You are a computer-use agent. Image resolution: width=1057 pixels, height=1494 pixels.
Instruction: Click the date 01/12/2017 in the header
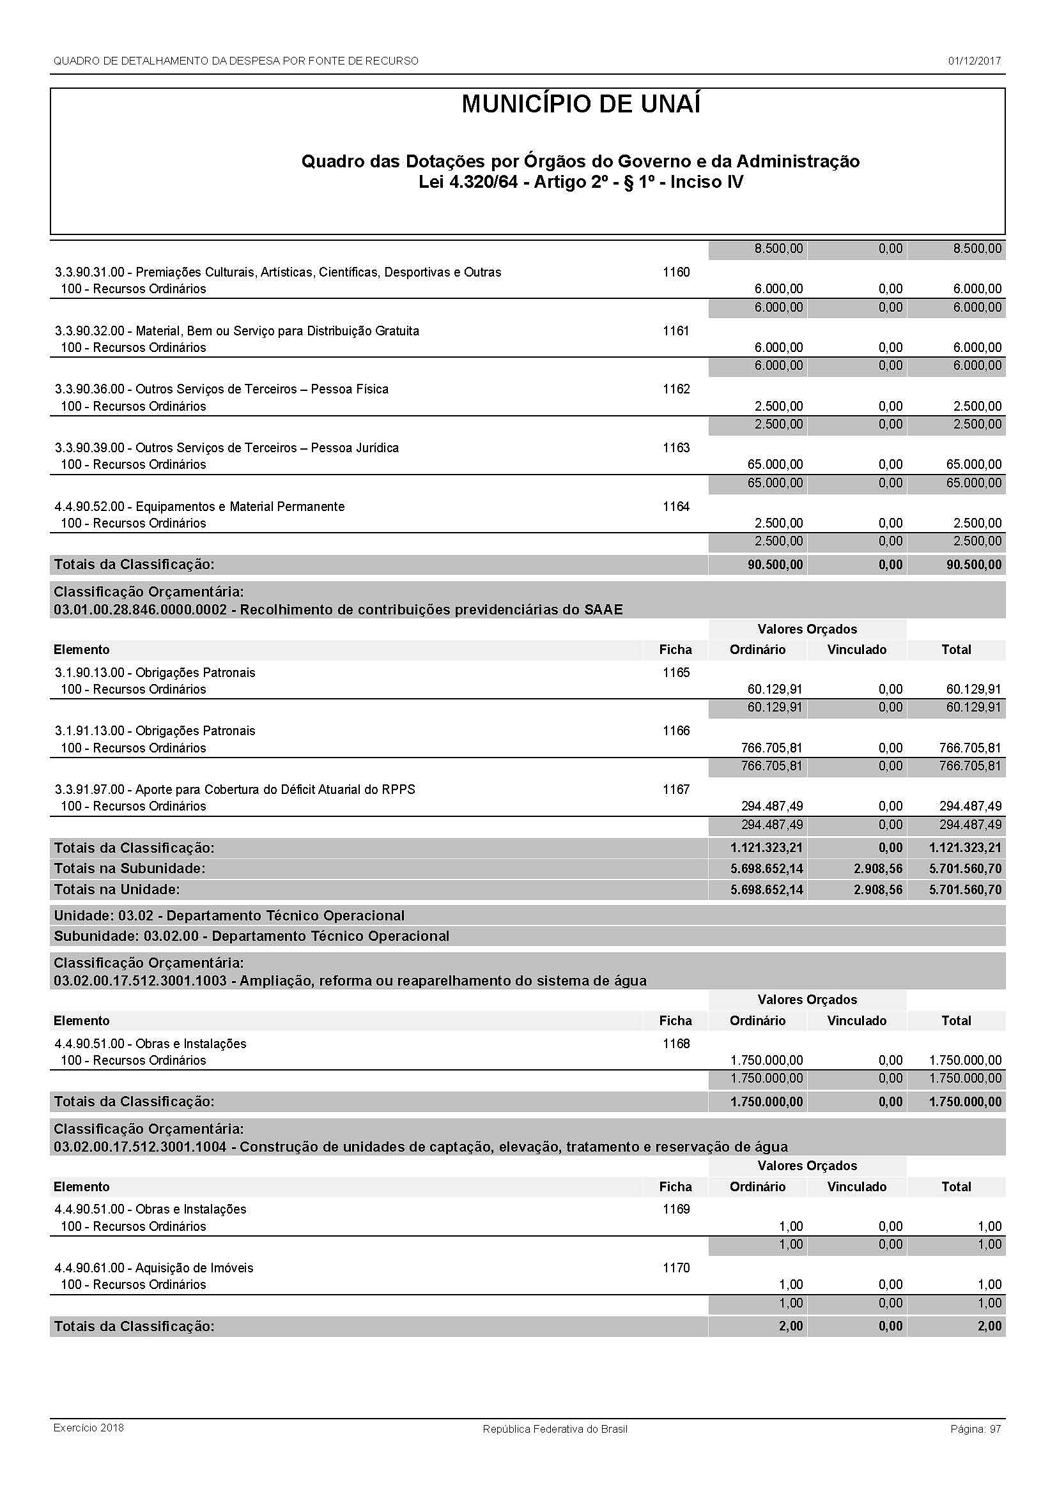[974, 61]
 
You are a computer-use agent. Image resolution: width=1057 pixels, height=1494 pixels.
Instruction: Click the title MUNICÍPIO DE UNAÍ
[580, 105]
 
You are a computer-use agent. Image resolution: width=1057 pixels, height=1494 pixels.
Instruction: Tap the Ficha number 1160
[675, 272]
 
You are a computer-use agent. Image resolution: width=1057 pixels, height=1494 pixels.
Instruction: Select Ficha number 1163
[675, 448]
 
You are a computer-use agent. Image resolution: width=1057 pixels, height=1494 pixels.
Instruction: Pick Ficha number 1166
[675, 731]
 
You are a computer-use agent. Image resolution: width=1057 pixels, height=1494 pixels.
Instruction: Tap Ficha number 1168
[675, 1044]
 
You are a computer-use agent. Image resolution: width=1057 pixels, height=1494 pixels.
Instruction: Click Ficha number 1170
[675, 1267]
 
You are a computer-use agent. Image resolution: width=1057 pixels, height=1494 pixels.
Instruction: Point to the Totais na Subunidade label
[130, 869]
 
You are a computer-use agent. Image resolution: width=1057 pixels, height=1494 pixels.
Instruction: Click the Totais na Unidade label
[117, 890]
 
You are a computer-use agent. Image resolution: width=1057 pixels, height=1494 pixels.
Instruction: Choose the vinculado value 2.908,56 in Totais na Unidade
[878, 890]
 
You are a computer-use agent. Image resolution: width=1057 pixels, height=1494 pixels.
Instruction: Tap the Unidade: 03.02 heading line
[229, 915]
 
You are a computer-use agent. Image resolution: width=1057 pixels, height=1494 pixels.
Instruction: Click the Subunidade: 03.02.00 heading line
[251, 936]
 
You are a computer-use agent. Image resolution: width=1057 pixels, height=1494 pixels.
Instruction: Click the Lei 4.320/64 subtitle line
[580, 181]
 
